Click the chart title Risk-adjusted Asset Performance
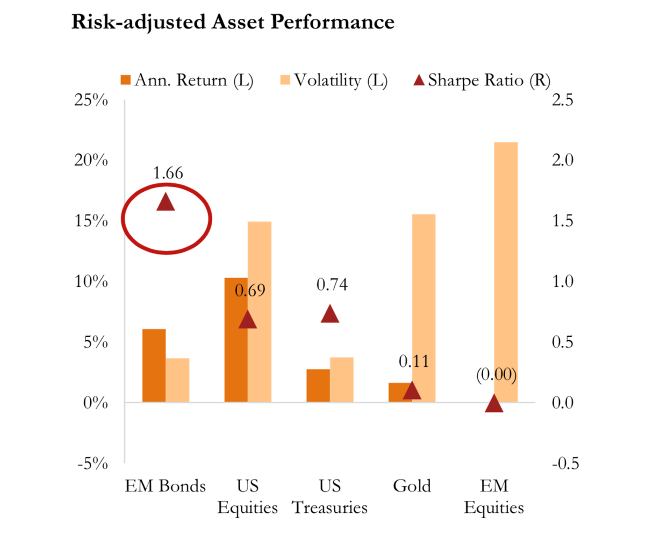tap(233, 22)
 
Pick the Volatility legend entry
tap(334, 81)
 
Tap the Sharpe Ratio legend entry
tap(482, 81)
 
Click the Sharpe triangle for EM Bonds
tap(166, 202)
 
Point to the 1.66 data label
tap(168, 173)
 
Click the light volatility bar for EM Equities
tap(506, 272)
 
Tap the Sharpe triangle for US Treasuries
tap(330, 315)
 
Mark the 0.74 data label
tap(332, 285)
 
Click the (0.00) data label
tap(496, 375)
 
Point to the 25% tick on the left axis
tap(92, 100)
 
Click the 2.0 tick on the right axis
tap(563, 161)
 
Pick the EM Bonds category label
tap(166, 487)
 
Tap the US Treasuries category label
tap(330, 497)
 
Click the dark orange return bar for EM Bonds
tap(154, 365)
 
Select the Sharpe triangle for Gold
tap(412, 391)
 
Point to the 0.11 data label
tap(414, 361)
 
